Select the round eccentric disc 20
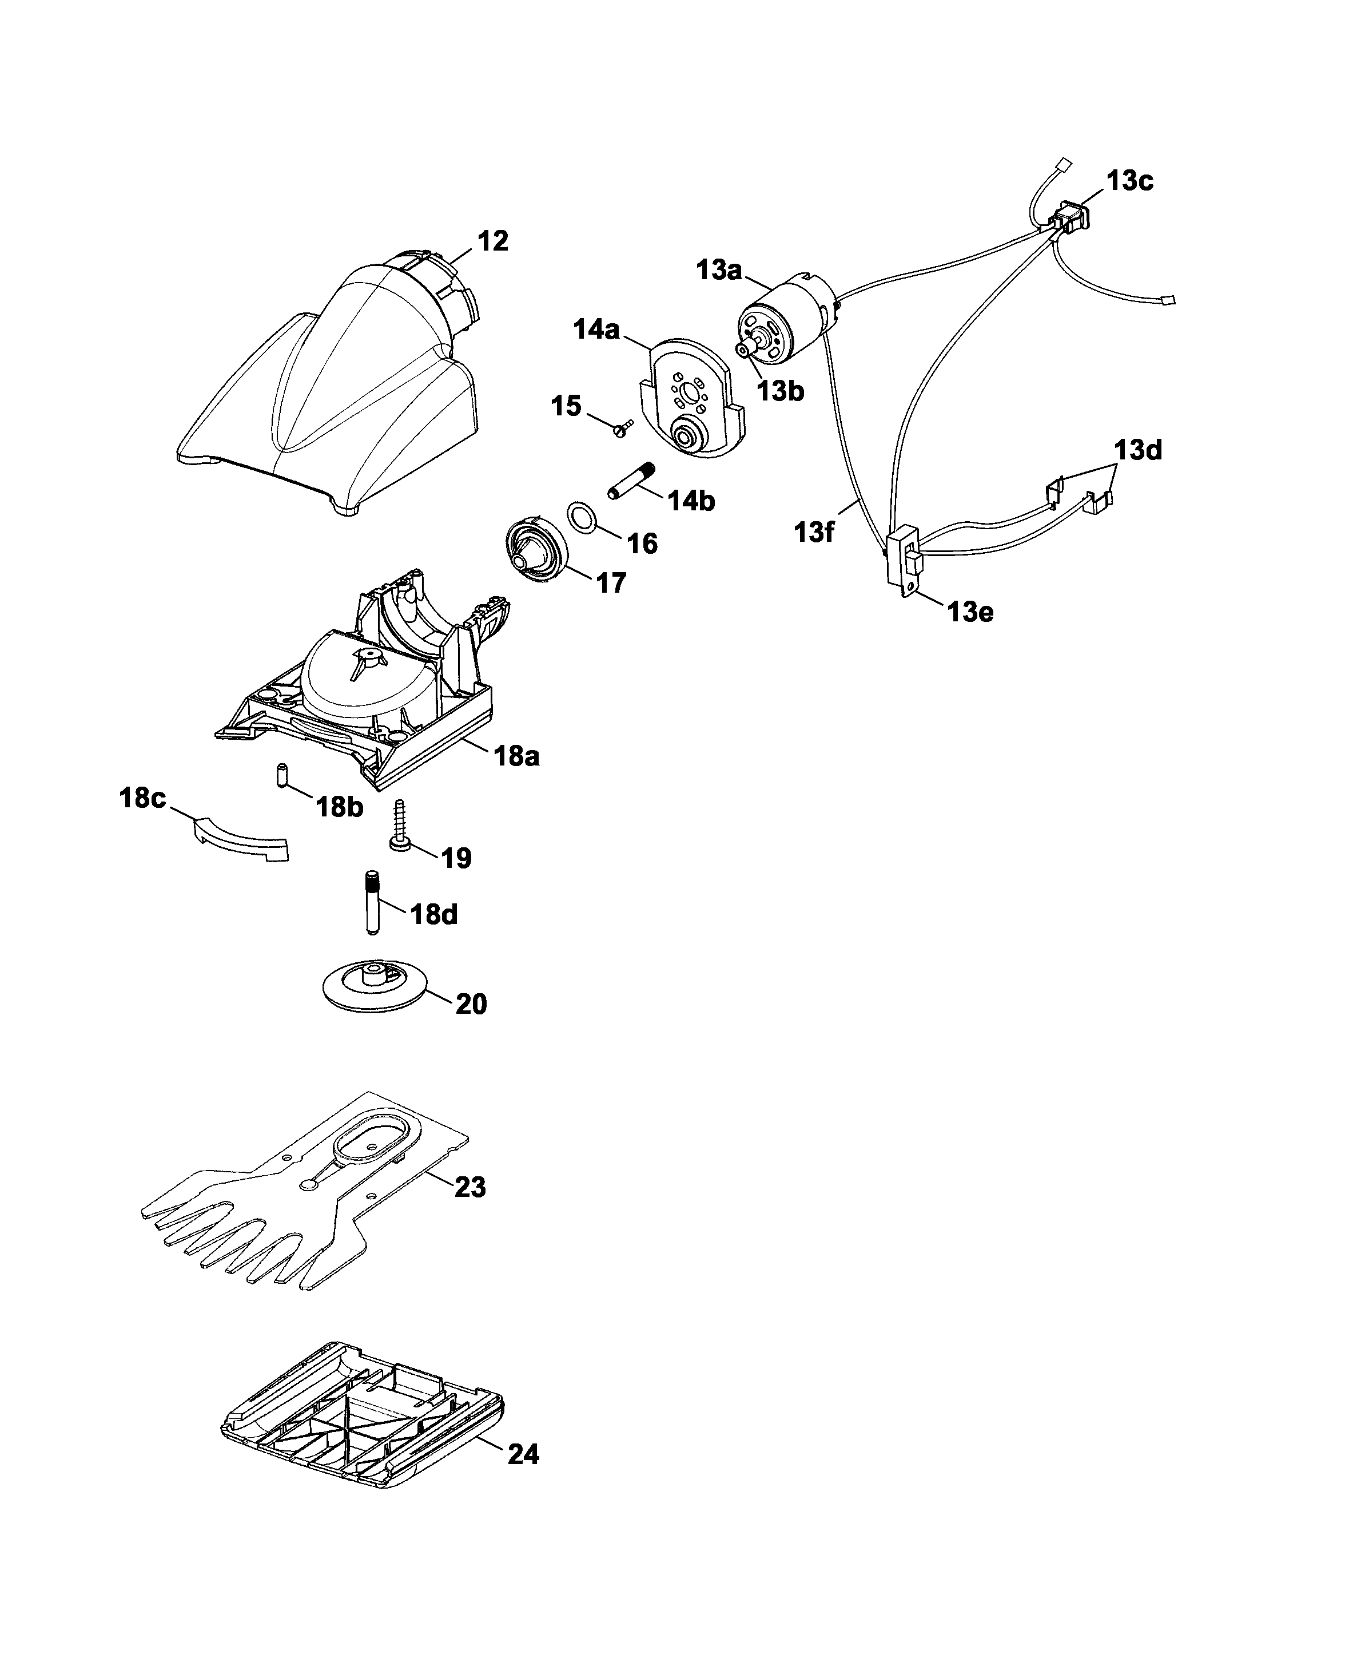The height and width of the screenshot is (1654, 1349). tap(375, 986)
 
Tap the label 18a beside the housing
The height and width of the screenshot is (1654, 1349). tap(517, 756)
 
